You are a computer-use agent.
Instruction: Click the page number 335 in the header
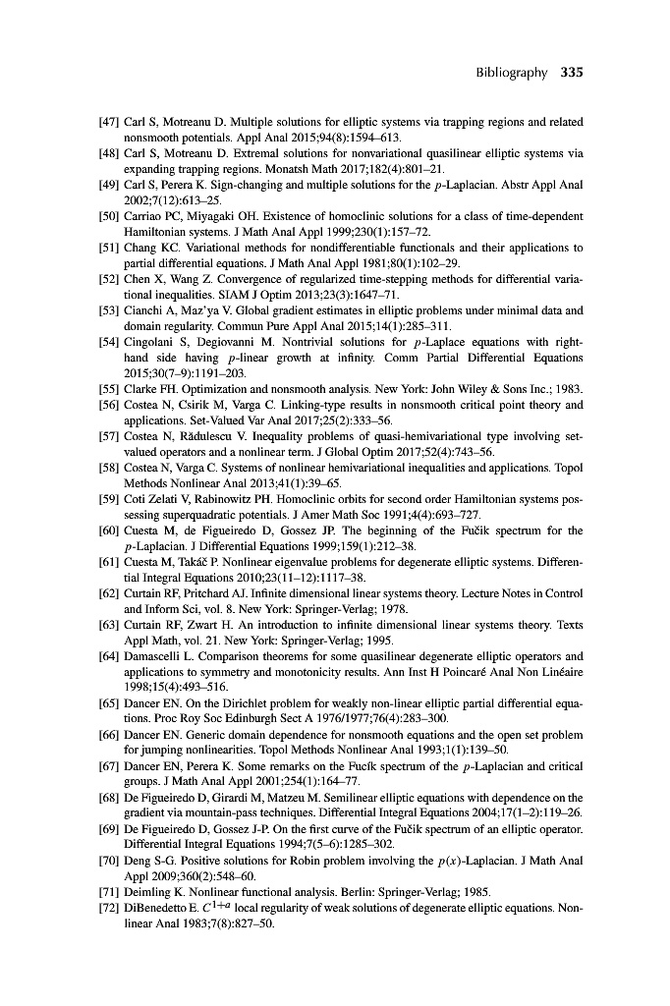pyautogui.click(x=573, y=73)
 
